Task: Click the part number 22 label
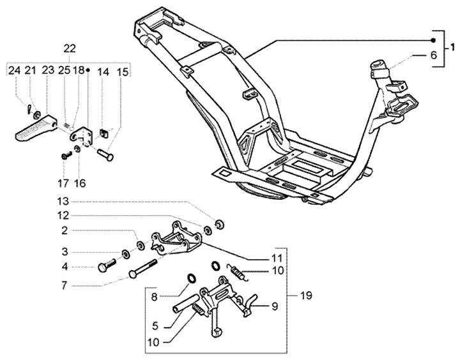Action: click(x=70, y=49)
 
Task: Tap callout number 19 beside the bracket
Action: click(x=306, y=296)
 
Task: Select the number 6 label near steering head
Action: click(x=433, y=55)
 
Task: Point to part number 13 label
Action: click(x=63, y=202)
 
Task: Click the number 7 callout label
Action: click(x=65, y=285)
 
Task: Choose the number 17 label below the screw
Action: click(x=63, y=184)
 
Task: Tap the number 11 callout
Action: click(x=277, y=259)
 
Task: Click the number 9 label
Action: click(x=275, y=306)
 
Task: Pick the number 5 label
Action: click(x=155, y=326)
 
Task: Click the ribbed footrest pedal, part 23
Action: click(x=35, y=128)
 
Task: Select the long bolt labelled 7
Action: click(x=142, y=269)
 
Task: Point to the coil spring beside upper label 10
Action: click(x=238, y=273)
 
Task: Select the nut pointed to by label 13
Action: click(x=219, y=224)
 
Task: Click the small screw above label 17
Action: click(x=67, y=155)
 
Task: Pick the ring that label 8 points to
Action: click(x=191, y=278)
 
